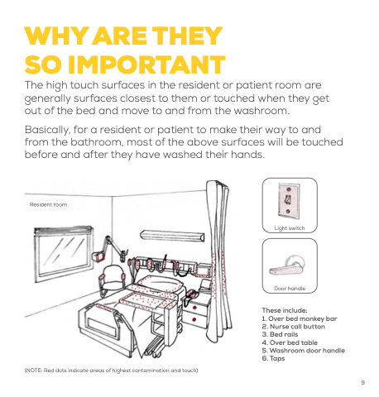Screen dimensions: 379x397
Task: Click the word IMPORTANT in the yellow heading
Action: pyautogui.click(x=146, y=65)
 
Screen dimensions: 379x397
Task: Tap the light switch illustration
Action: pyautogui.click(x=289, y=201)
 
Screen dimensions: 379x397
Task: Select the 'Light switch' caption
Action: pyautogui.click(x=290, y=228)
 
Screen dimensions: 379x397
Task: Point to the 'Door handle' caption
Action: pyautogui.click(x=290, y=289)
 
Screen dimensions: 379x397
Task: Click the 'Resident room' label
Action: pyautogui.click(x=48, y=204)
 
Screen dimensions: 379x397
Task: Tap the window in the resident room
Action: pyautogui.click(x=64, y=254)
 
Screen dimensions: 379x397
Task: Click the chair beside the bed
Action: pyautogui.click(x=112, y=280)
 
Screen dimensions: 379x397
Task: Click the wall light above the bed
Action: pyautogui.click(x=173, y=236)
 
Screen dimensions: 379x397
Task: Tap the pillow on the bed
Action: pyautogui.click(x=161, y=284)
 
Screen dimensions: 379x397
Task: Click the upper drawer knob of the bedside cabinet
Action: pyautogui.click(x=194, y=308)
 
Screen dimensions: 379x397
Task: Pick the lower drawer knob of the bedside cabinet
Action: pyautogui.click(x=194, y=320)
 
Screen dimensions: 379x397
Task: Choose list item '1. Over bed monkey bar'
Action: pyautogui.click(x=300, y=318)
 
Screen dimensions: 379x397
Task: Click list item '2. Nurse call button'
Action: pyautogui.click(x=294, y=327)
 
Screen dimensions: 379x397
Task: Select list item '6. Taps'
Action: pyautogui.click(x=273, y=359)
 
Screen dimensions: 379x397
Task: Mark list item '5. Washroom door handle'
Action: pyautogui.click(x=304, y=351)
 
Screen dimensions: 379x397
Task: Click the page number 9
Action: pyautogui.click(x=363, y=383)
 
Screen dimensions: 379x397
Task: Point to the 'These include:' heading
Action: pyautogui.click(x=285, y=310)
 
